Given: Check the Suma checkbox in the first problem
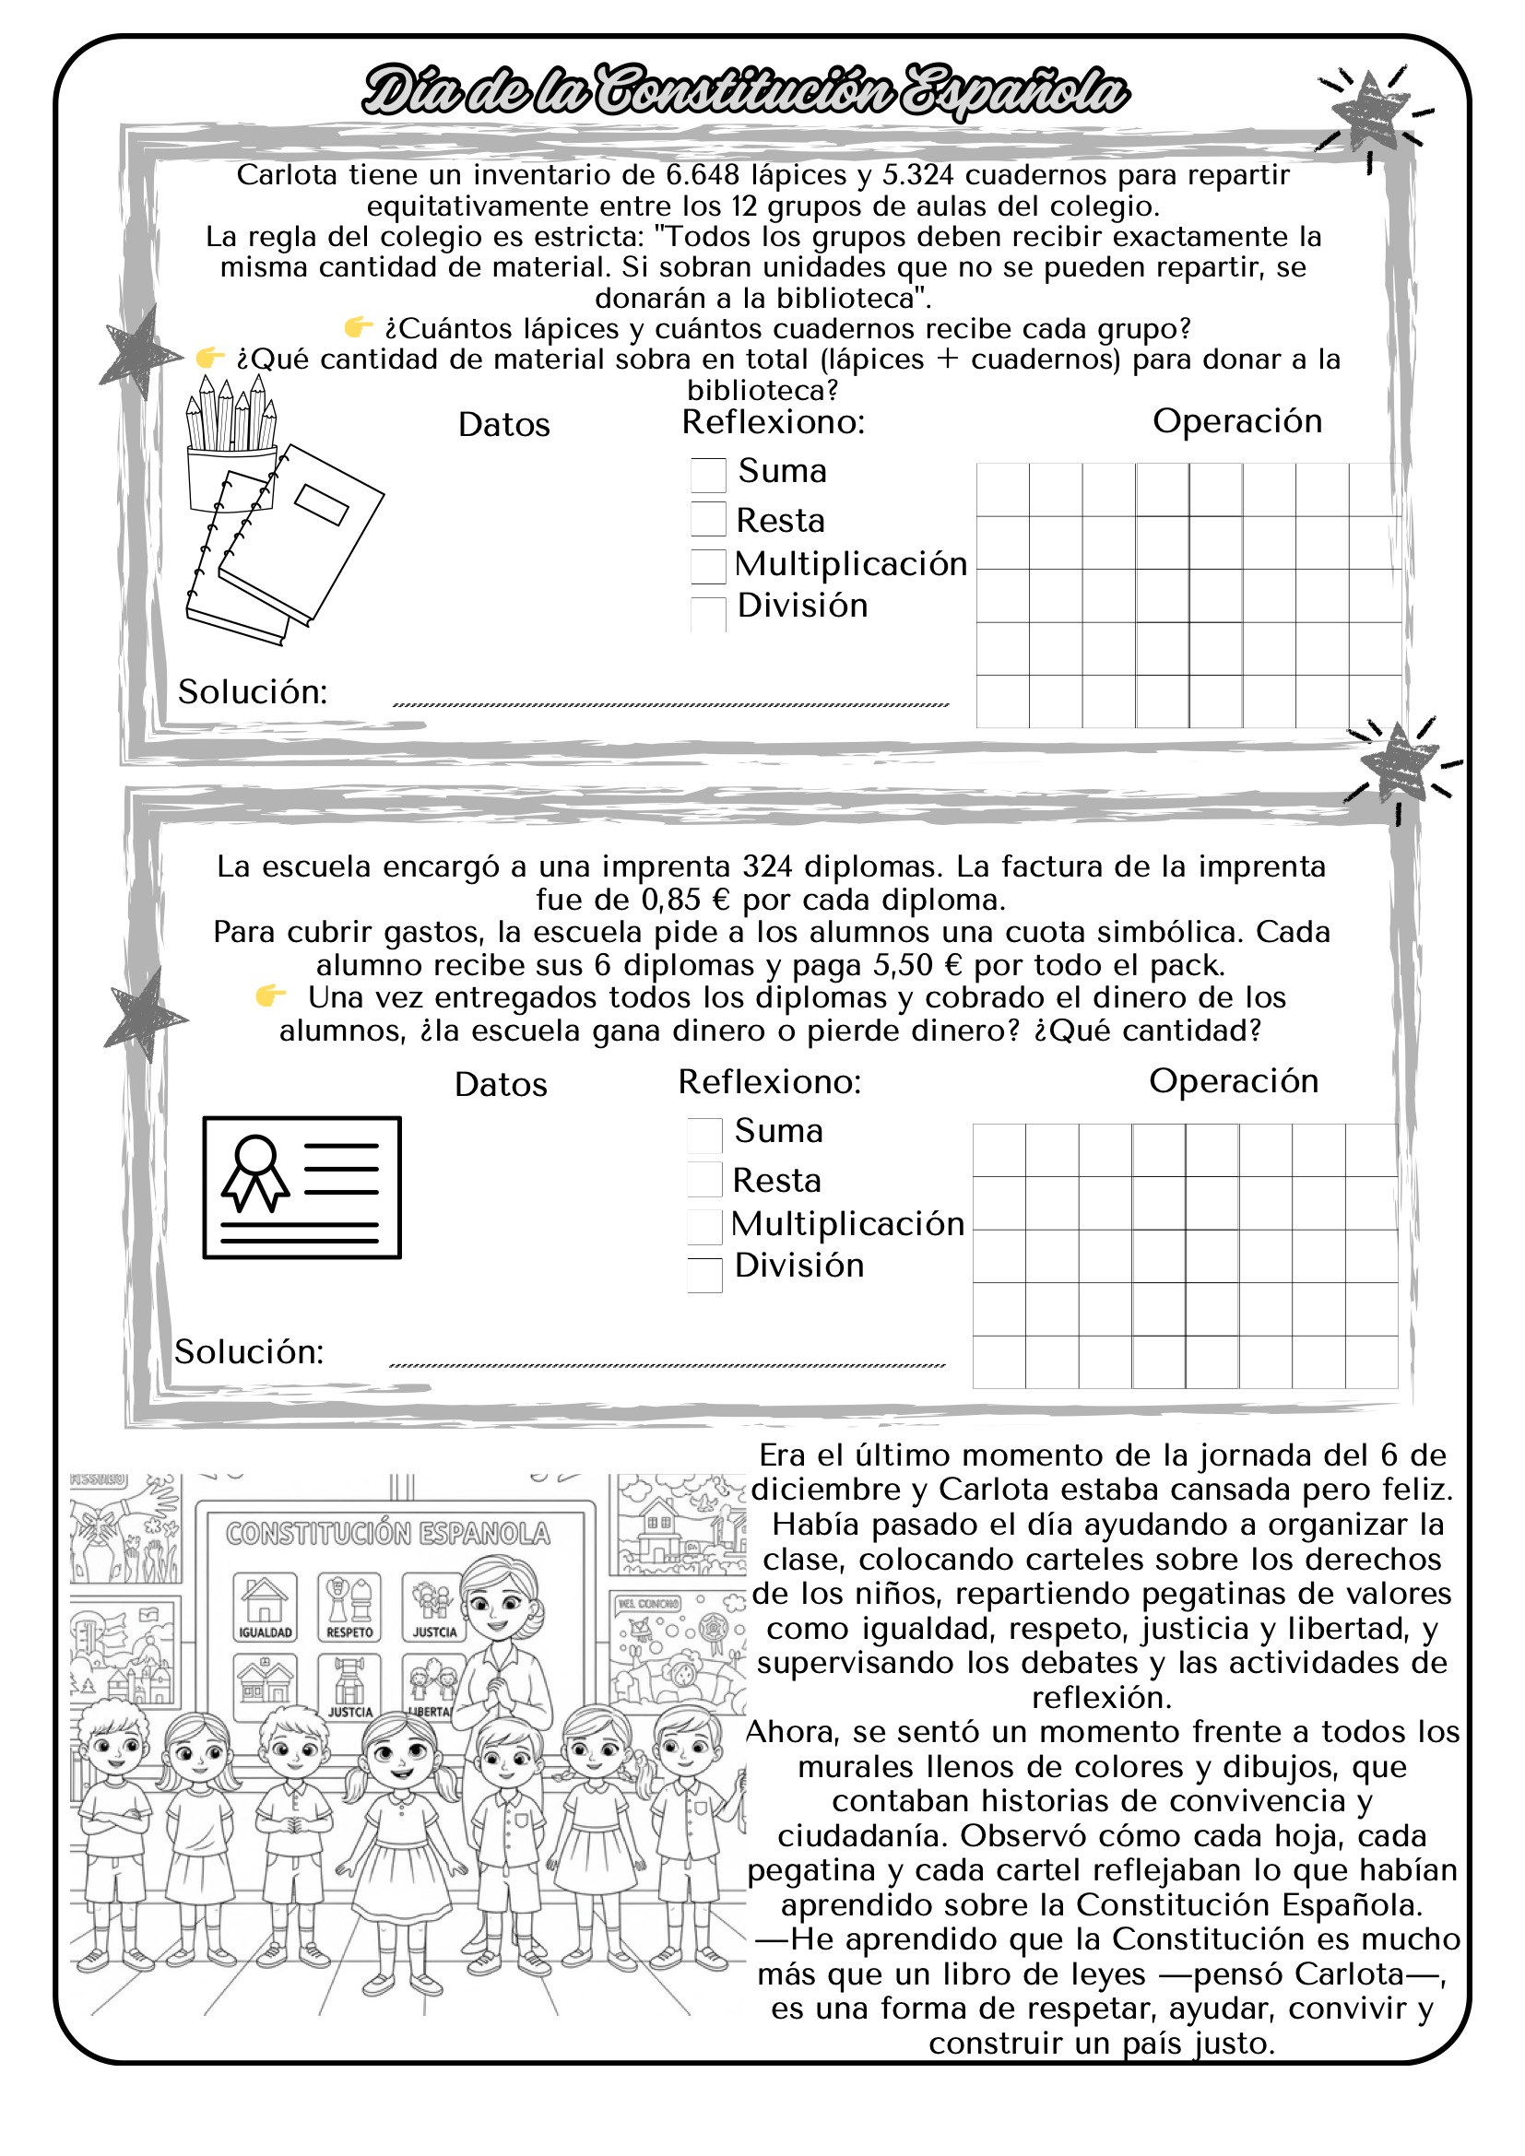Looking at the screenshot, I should click(x=708, y=474).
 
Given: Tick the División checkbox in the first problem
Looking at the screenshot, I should click(x=708, y=614).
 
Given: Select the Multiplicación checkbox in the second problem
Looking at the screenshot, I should click(x=704, y=1226).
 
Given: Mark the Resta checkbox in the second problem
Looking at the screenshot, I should click(x=704, y=1180).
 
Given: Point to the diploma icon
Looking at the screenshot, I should click(x=301, y=1187).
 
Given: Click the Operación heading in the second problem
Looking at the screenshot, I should click(x=1233, y=1081).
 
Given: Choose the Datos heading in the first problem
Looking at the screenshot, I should click(x=503, y=424).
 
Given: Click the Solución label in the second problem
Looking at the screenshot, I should click(x=249, y=1352).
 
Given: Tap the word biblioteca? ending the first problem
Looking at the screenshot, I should click(x=762, y=390).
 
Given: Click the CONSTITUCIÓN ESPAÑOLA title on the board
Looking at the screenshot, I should click(x=387, y=1534).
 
